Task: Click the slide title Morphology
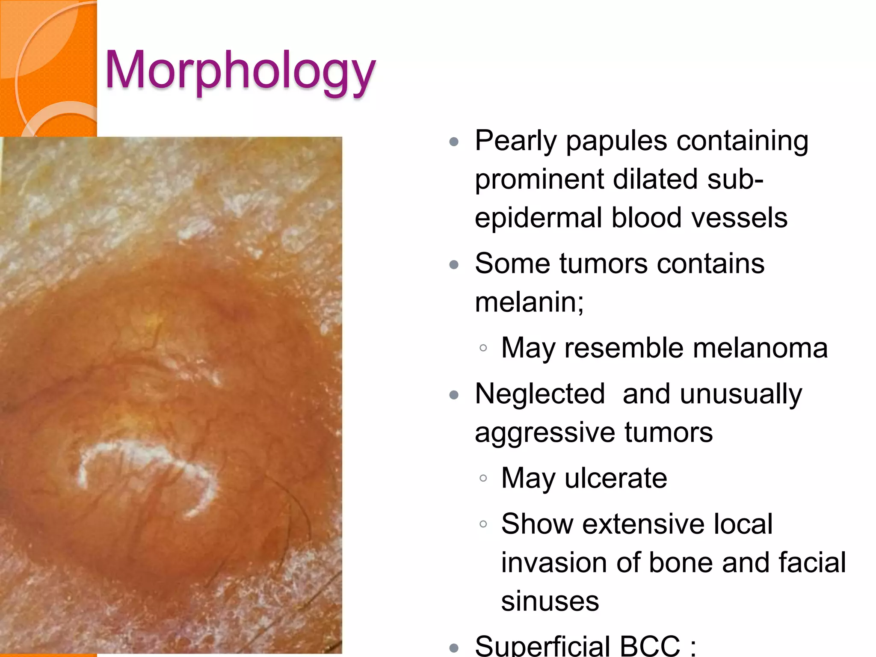click(240, 71)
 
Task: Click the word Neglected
click(540, 394)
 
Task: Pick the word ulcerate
click(616, 478)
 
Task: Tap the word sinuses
click(550, 601)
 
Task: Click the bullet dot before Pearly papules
click(454, 142)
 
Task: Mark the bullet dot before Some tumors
click(454, 265)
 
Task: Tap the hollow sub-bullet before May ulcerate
click(483, 479)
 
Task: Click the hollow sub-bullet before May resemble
click(483, 348)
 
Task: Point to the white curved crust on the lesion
click(141, 453)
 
